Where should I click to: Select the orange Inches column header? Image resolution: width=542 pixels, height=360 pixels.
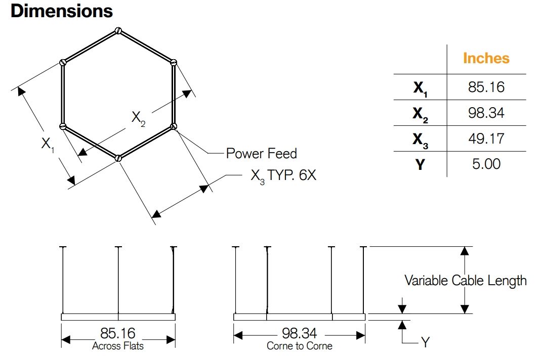486,58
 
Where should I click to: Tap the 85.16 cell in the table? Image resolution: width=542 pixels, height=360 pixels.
486,87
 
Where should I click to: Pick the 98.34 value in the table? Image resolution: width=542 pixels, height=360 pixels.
486,113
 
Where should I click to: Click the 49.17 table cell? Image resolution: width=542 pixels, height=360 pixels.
486,139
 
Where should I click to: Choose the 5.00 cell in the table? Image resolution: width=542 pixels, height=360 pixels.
486,164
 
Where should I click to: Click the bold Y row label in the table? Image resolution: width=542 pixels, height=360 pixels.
420,164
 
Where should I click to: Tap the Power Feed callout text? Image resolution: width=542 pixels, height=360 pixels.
261,153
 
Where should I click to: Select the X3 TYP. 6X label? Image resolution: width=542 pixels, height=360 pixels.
283,176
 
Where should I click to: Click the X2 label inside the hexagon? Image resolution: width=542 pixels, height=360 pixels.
138,118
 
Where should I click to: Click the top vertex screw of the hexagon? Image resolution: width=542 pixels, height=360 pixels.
118,30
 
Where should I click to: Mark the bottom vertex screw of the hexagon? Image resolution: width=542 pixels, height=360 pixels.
118,158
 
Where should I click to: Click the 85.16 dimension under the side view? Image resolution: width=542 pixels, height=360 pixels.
118,334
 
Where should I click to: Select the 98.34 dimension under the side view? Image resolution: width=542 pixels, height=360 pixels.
300,334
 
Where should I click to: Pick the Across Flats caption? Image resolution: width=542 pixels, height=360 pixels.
118,346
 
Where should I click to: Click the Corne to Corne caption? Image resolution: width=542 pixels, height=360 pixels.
300,346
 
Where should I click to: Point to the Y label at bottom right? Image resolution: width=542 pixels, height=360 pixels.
425,342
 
